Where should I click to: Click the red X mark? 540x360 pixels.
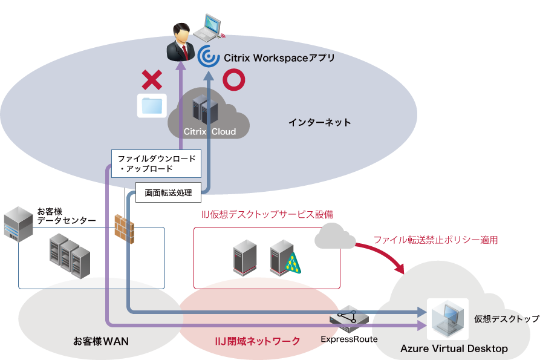[x=151, y=80]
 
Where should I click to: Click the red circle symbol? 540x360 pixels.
[x=233, y=80]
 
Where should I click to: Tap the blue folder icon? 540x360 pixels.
[x=152, y=105]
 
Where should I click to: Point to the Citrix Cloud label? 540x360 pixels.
[x=210, y=131]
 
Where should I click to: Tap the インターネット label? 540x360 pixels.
[x=319, y=122]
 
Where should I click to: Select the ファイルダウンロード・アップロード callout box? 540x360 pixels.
[x=156, y=163]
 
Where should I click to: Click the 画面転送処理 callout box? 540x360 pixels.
[x=168, y=193]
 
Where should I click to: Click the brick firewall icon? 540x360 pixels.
[x=124, y=229]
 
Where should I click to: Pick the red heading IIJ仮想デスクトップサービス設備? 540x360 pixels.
[x=267, y=214]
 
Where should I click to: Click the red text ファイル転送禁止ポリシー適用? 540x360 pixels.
[x=435, y=240]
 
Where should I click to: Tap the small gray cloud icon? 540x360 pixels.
[x=335, y=237]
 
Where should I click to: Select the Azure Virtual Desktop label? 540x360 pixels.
[x=454, y=349]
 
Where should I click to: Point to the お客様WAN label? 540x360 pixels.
[x=100, y=341]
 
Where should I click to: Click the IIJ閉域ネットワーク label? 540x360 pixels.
[x=258, y=341]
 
